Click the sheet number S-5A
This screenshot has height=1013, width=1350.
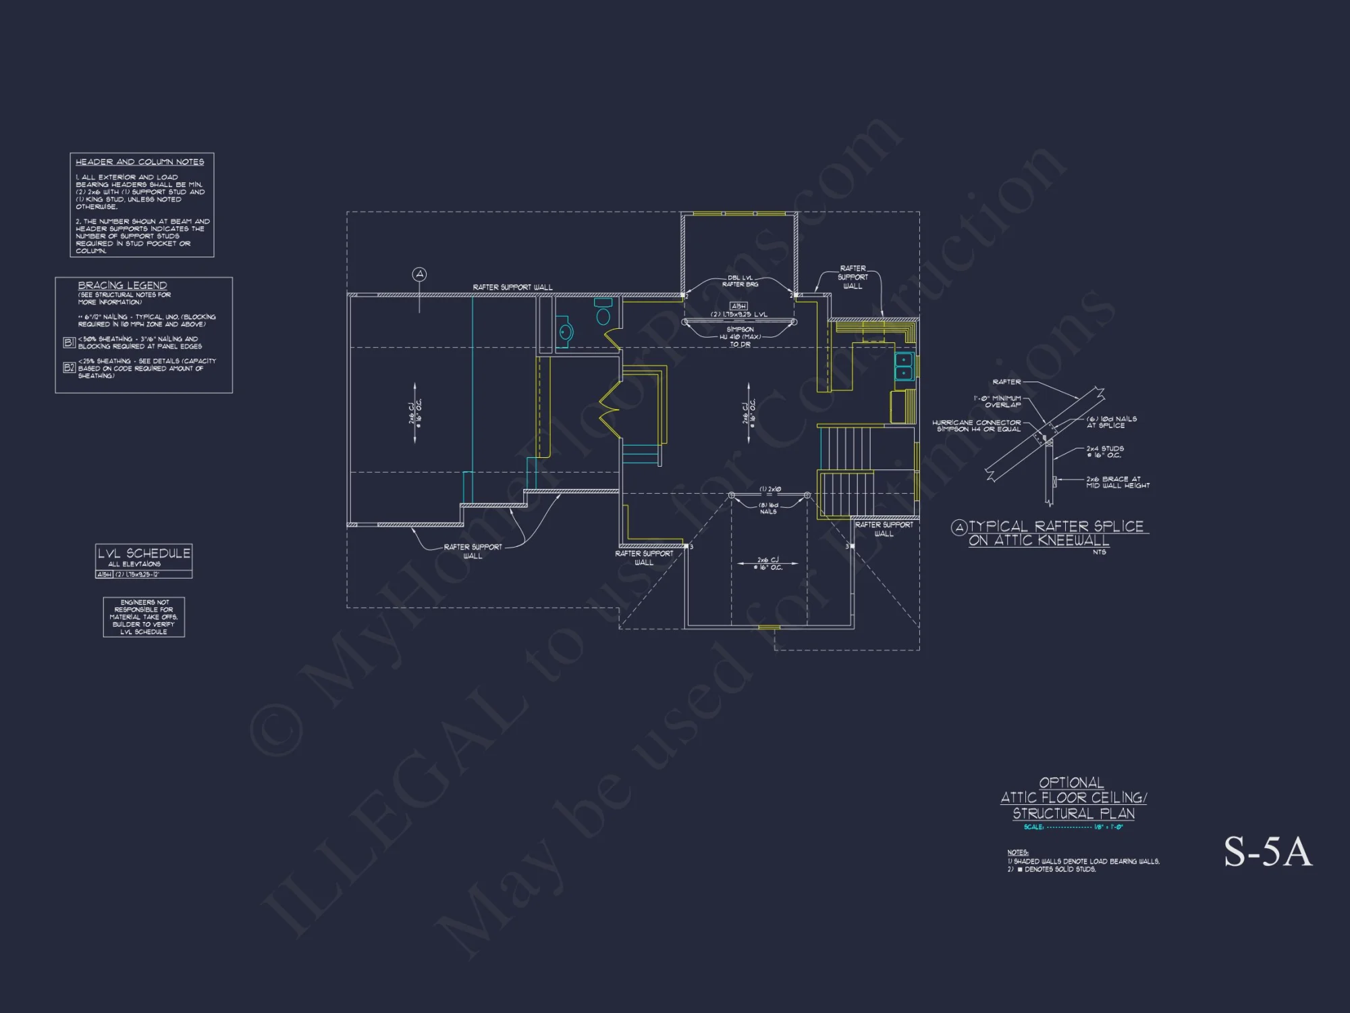(x=1268, y=852)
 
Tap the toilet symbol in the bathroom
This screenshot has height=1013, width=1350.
(x=603, y=313)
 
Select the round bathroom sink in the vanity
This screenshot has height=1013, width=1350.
(x=566, y=332)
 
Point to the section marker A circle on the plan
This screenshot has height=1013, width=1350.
(x=420, y=274)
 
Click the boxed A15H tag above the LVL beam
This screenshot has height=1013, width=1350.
(x=738, y=306)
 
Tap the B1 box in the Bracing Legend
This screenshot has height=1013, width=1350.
(x=69, y=342)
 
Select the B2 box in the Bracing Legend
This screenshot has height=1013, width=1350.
(x=69, y=367)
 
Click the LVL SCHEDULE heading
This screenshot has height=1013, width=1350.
(x=144, y=553)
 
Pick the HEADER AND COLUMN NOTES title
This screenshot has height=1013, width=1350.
(x=140, y=162)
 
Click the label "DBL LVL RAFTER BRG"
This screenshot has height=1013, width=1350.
(x=740, y=281)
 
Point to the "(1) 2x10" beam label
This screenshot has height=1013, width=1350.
(x=769, y=489)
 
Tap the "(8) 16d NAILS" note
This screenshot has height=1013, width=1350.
(x=768, y=508)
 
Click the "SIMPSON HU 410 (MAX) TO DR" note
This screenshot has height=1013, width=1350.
(x=740, y=337)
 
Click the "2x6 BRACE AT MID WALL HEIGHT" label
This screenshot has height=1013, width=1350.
(x=1117, y=482)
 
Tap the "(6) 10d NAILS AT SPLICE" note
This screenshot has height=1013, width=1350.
(x=1111, y=422)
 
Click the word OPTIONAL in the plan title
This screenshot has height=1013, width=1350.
(x=1071, y=783)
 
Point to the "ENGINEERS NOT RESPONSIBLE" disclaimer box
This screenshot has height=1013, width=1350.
(x=144, y=617)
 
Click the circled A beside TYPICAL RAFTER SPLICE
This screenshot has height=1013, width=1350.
(x=959, y=527)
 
